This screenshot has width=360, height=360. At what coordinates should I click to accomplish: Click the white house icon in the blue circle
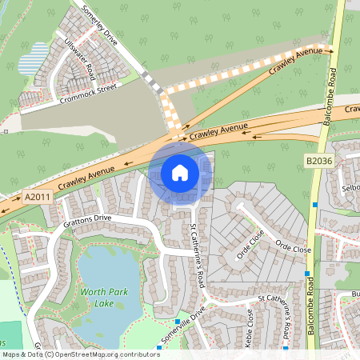coord(180,172)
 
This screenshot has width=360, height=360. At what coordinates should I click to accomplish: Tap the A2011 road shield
coord(36,196)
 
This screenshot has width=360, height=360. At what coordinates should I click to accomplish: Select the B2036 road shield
coord(318,162)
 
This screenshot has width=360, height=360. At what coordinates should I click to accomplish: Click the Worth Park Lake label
coord(102,297)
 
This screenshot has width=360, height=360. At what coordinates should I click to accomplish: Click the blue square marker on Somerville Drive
coord(177,322)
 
